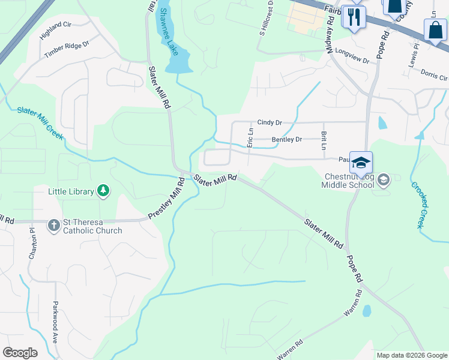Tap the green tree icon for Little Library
pos(104,191)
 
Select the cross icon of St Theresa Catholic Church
pos(53,225)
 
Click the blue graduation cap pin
pos(361,163)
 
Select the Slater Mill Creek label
pos(40,123)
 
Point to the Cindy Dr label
pos(270,122)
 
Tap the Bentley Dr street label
pos(286,140)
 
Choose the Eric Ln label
pos(250,137)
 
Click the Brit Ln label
pos(324,141)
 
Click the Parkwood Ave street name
pos(55,322)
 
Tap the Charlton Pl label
pos(32,247)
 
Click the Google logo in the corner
pos(20,353)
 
